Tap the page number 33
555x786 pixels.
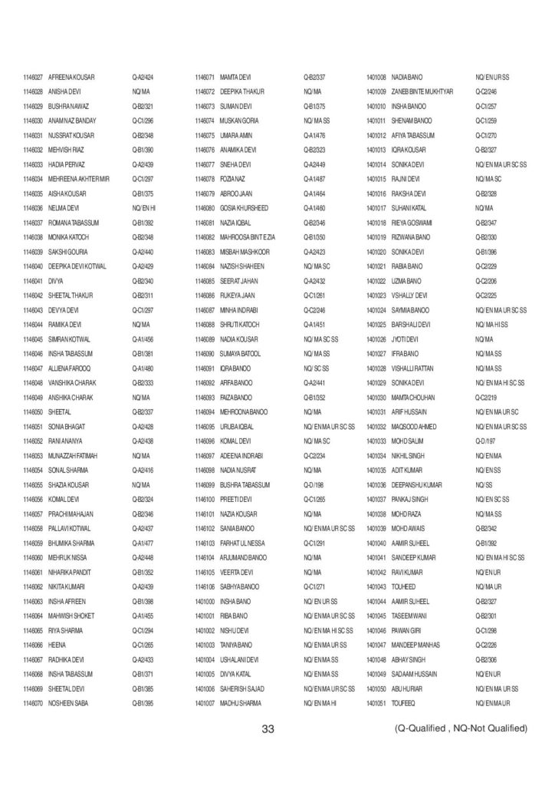click(x=268, y=728)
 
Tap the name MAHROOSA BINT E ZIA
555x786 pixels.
click(x=253, y=236)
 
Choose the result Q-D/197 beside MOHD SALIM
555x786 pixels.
click(x=485, y=441)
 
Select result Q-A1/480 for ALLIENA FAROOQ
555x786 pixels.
click(x=143, y=368)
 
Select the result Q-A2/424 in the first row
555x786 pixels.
click(x=143, y=78)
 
